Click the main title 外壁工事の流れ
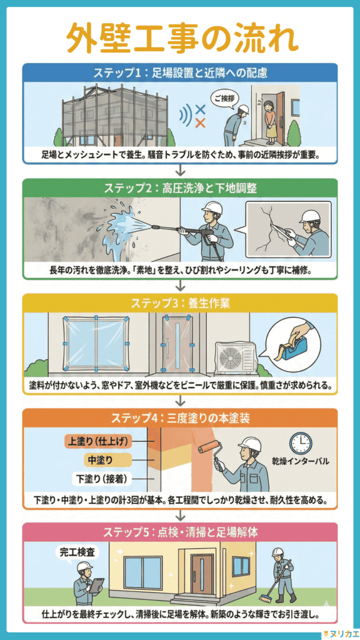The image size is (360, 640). [180, 38]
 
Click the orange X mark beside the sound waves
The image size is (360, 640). [201, 122]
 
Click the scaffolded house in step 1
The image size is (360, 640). [116, 116]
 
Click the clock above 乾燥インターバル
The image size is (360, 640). [300, 443]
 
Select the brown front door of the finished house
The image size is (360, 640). [202, 574]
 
